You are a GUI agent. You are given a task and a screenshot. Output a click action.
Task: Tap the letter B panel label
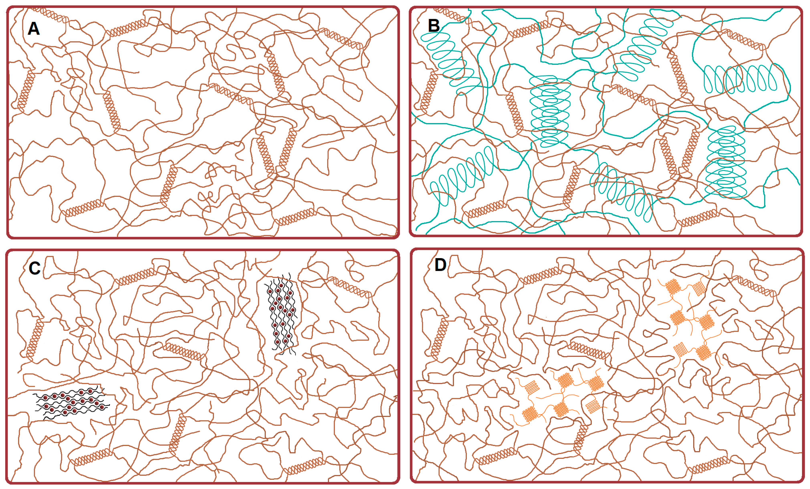[x=434, y=26]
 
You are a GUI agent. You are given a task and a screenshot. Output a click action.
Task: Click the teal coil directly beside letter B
[x=450, y=61]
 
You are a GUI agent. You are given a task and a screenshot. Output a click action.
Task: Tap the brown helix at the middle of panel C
[x=185, y=351]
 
